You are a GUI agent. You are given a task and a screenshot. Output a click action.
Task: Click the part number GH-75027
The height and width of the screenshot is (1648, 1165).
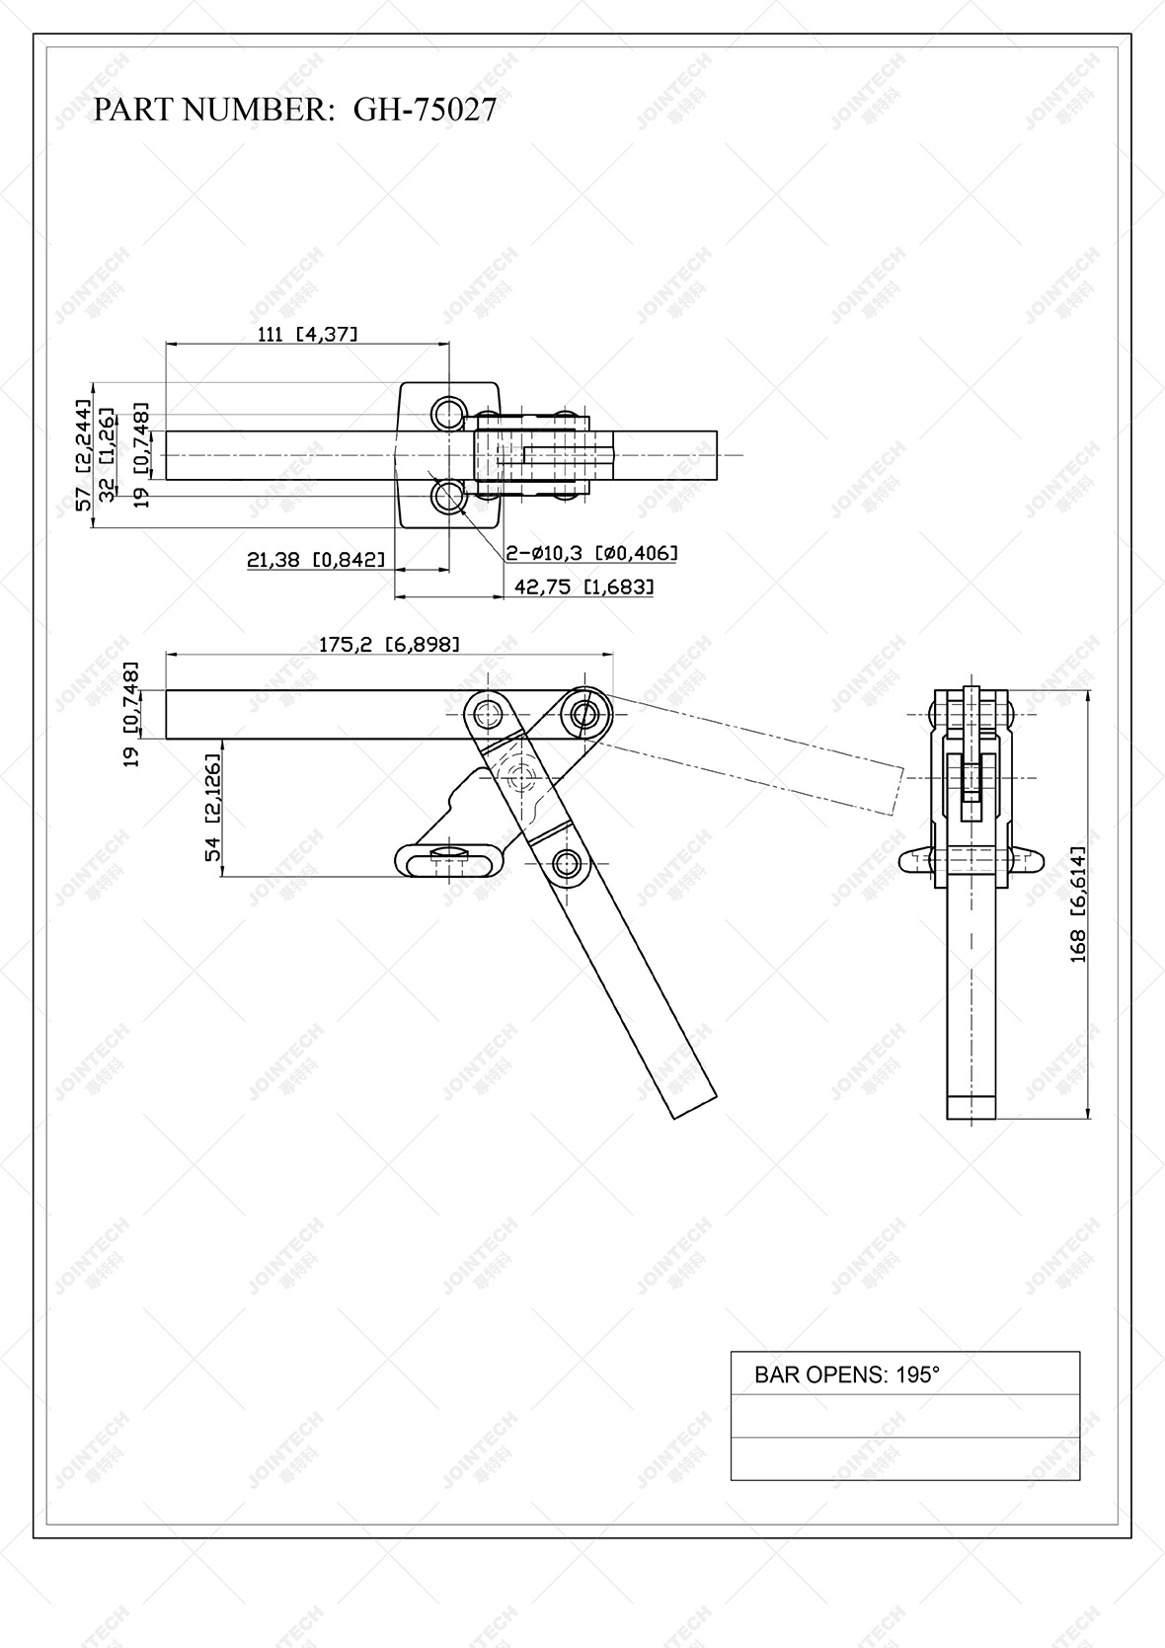click(425, 109)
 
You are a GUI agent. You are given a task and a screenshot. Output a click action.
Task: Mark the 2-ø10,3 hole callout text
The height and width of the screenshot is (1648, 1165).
click(590, 553)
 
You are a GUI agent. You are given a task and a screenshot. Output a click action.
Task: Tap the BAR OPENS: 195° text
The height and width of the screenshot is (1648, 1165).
click(846, 1374)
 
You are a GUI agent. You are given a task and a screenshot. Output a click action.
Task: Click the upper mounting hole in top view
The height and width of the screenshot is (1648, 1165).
click(448, 414)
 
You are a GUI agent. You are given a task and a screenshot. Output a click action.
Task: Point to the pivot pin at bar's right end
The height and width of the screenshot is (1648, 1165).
click(584, 713)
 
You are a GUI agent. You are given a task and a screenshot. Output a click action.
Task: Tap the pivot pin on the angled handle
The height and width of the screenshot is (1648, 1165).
click(566, 865)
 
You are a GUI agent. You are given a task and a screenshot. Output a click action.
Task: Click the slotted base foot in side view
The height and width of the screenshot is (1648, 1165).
click(449, 860)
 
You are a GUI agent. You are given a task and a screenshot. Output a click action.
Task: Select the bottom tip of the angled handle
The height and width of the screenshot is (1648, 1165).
click(694, 1106)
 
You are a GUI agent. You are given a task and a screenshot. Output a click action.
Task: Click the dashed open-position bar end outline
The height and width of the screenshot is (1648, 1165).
click(896, 790)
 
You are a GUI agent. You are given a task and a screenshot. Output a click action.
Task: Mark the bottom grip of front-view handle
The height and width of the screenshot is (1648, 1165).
click(971, 1107)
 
